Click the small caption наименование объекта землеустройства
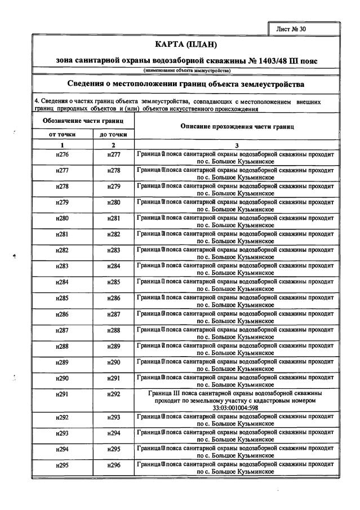tap(186, 70)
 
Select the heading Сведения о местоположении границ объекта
tap(186, 84)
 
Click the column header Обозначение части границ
tap(83, 121)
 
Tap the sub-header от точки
tap(63, 135)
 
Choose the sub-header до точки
tap(114, 135)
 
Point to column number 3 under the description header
tap(237, 145)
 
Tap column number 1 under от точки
tap(63, 145)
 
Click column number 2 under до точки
tap(114, 145)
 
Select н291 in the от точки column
tap(63, 394)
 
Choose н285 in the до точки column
tap(114, 282)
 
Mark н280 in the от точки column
tap(63, 218)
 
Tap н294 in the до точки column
tap(114, 433)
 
